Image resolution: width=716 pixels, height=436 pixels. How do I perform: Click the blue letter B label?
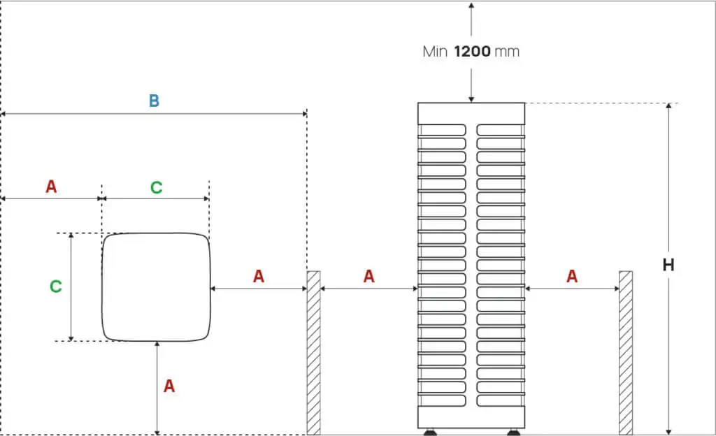[x=154, y=101]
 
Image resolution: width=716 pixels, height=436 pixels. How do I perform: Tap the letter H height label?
[x=668, y=265]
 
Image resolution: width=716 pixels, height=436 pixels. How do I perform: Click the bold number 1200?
[x=473, y=51]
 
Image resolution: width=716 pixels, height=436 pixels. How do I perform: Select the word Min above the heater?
[x=435, y=51]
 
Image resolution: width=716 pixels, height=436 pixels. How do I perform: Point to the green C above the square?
[x=157, y=187]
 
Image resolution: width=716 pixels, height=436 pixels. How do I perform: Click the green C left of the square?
[x=56, y=286]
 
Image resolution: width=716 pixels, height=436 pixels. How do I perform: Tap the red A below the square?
[x=169, y=386]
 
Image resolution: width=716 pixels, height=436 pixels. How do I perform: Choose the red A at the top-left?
[x=51, y=187]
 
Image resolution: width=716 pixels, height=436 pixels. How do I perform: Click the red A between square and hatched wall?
[x=259, y=276]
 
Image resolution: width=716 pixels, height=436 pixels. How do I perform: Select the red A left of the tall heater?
[x=369, y=276]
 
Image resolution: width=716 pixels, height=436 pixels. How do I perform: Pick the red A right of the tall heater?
[x=572, y=276]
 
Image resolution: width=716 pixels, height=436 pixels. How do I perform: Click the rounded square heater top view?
[x=156, y=287]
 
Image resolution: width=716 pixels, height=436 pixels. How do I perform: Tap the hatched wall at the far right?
[x=626, y=352]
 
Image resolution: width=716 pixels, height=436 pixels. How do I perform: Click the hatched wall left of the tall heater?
[x=314, y=352]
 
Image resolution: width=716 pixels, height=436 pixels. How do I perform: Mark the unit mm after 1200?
[x=507, y=51]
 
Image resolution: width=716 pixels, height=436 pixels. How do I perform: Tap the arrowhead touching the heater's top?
[x=471, y=99]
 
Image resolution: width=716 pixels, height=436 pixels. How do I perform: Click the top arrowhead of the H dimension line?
[x=668, y=107]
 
